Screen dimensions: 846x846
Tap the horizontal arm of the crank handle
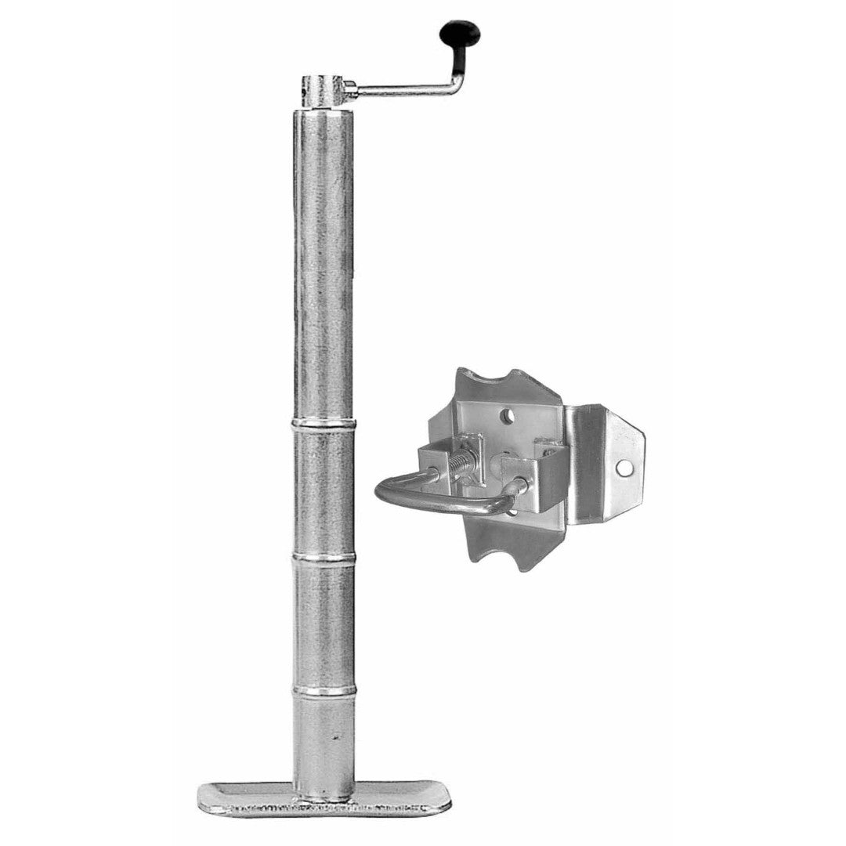tap(399, 91)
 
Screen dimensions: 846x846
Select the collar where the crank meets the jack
tap(324, 89)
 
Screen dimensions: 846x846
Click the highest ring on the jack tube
tap(324, 424)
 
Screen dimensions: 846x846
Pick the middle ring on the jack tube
tap(324, 558)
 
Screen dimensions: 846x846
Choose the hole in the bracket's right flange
tap(624, 468)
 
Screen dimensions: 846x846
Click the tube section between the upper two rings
tap(324, 490)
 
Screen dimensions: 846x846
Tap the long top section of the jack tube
tap(324, 258)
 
